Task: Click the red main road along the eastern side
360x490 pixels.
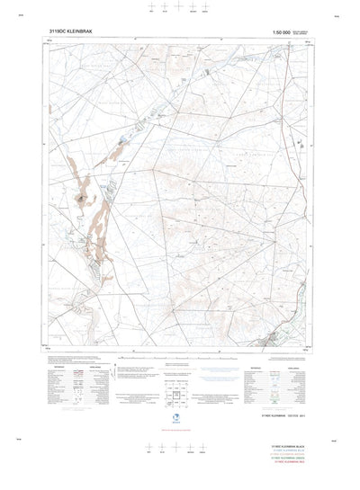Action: [292, 135]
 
